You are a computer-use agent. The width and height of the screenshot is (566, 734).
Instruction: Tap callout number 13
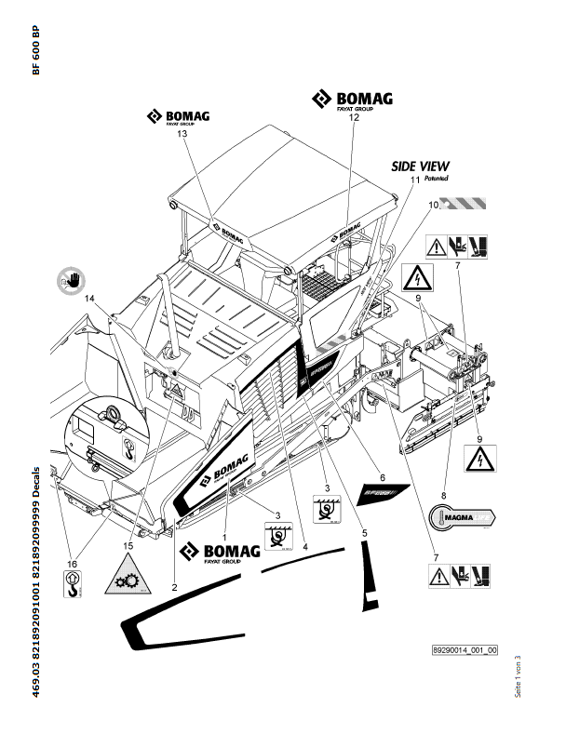(182, 135)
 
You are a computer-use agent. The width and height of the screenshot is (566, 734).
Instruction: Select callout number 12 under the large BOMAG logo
(354, 119)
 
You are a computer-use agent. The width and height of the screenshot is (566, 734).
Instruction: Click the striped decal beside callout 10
(467, 202)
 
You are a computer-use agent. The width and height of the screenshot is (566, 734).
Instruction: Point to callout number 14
(91, 299)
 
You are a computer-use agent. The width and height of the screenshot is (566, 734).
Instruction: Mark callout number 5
(365, 532)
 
